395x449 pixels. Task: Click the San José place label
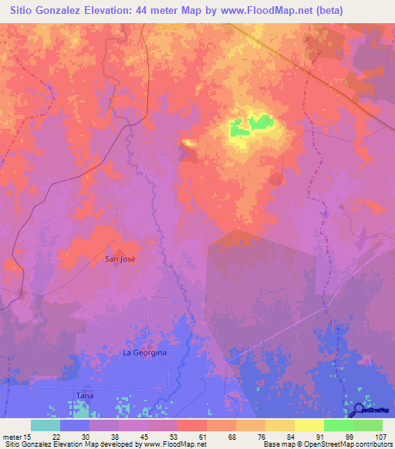120,259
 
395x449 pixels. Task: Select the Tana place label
84,396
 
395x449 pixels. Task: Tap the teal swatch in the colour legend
45,425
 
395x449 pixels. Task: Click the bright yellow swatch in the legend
309,425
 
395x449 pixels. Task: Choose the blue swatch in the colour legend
74,425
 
